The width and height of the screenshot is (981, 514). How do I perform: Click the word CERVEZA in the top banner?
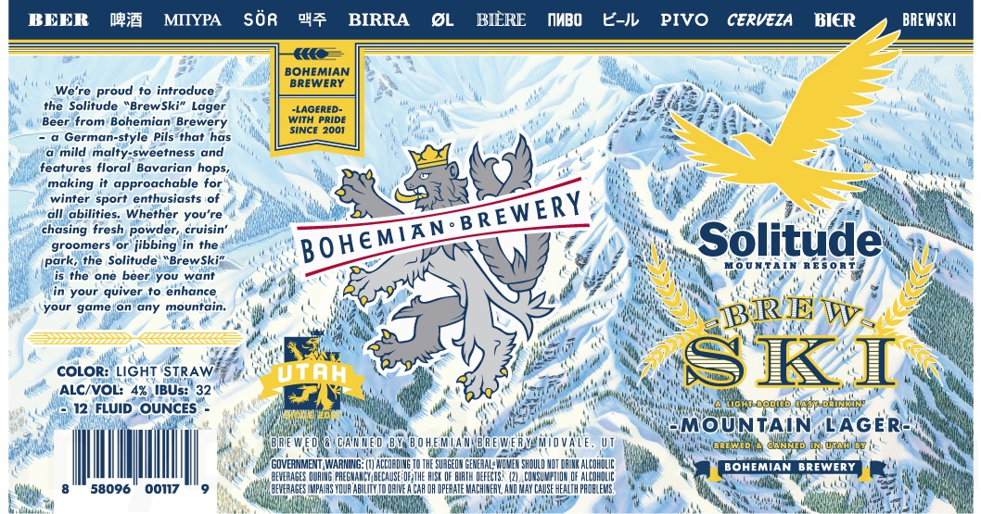(x=759, y=19)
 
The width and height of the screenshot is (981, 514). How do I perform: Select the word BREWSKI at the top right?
(x=928, y=19)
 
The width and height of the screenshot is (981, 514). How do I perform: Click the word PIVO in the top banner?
(x=684, y=19)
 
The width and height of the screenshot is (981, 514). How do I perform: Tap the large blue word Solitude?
(x=790, y=239)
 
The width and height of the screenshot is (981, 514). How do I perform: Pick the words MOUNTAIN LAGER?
(x=789, y=425)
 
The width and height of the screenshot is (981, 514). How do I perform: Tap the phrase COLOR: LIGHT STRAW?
(x=134, y=372)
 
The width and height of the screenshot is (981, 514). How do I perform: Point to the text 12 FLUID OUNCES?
(x=134, y=408)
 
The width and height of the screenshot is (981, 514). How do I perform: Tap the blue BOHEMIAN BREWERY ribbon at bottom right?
(x=789, y=467)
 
